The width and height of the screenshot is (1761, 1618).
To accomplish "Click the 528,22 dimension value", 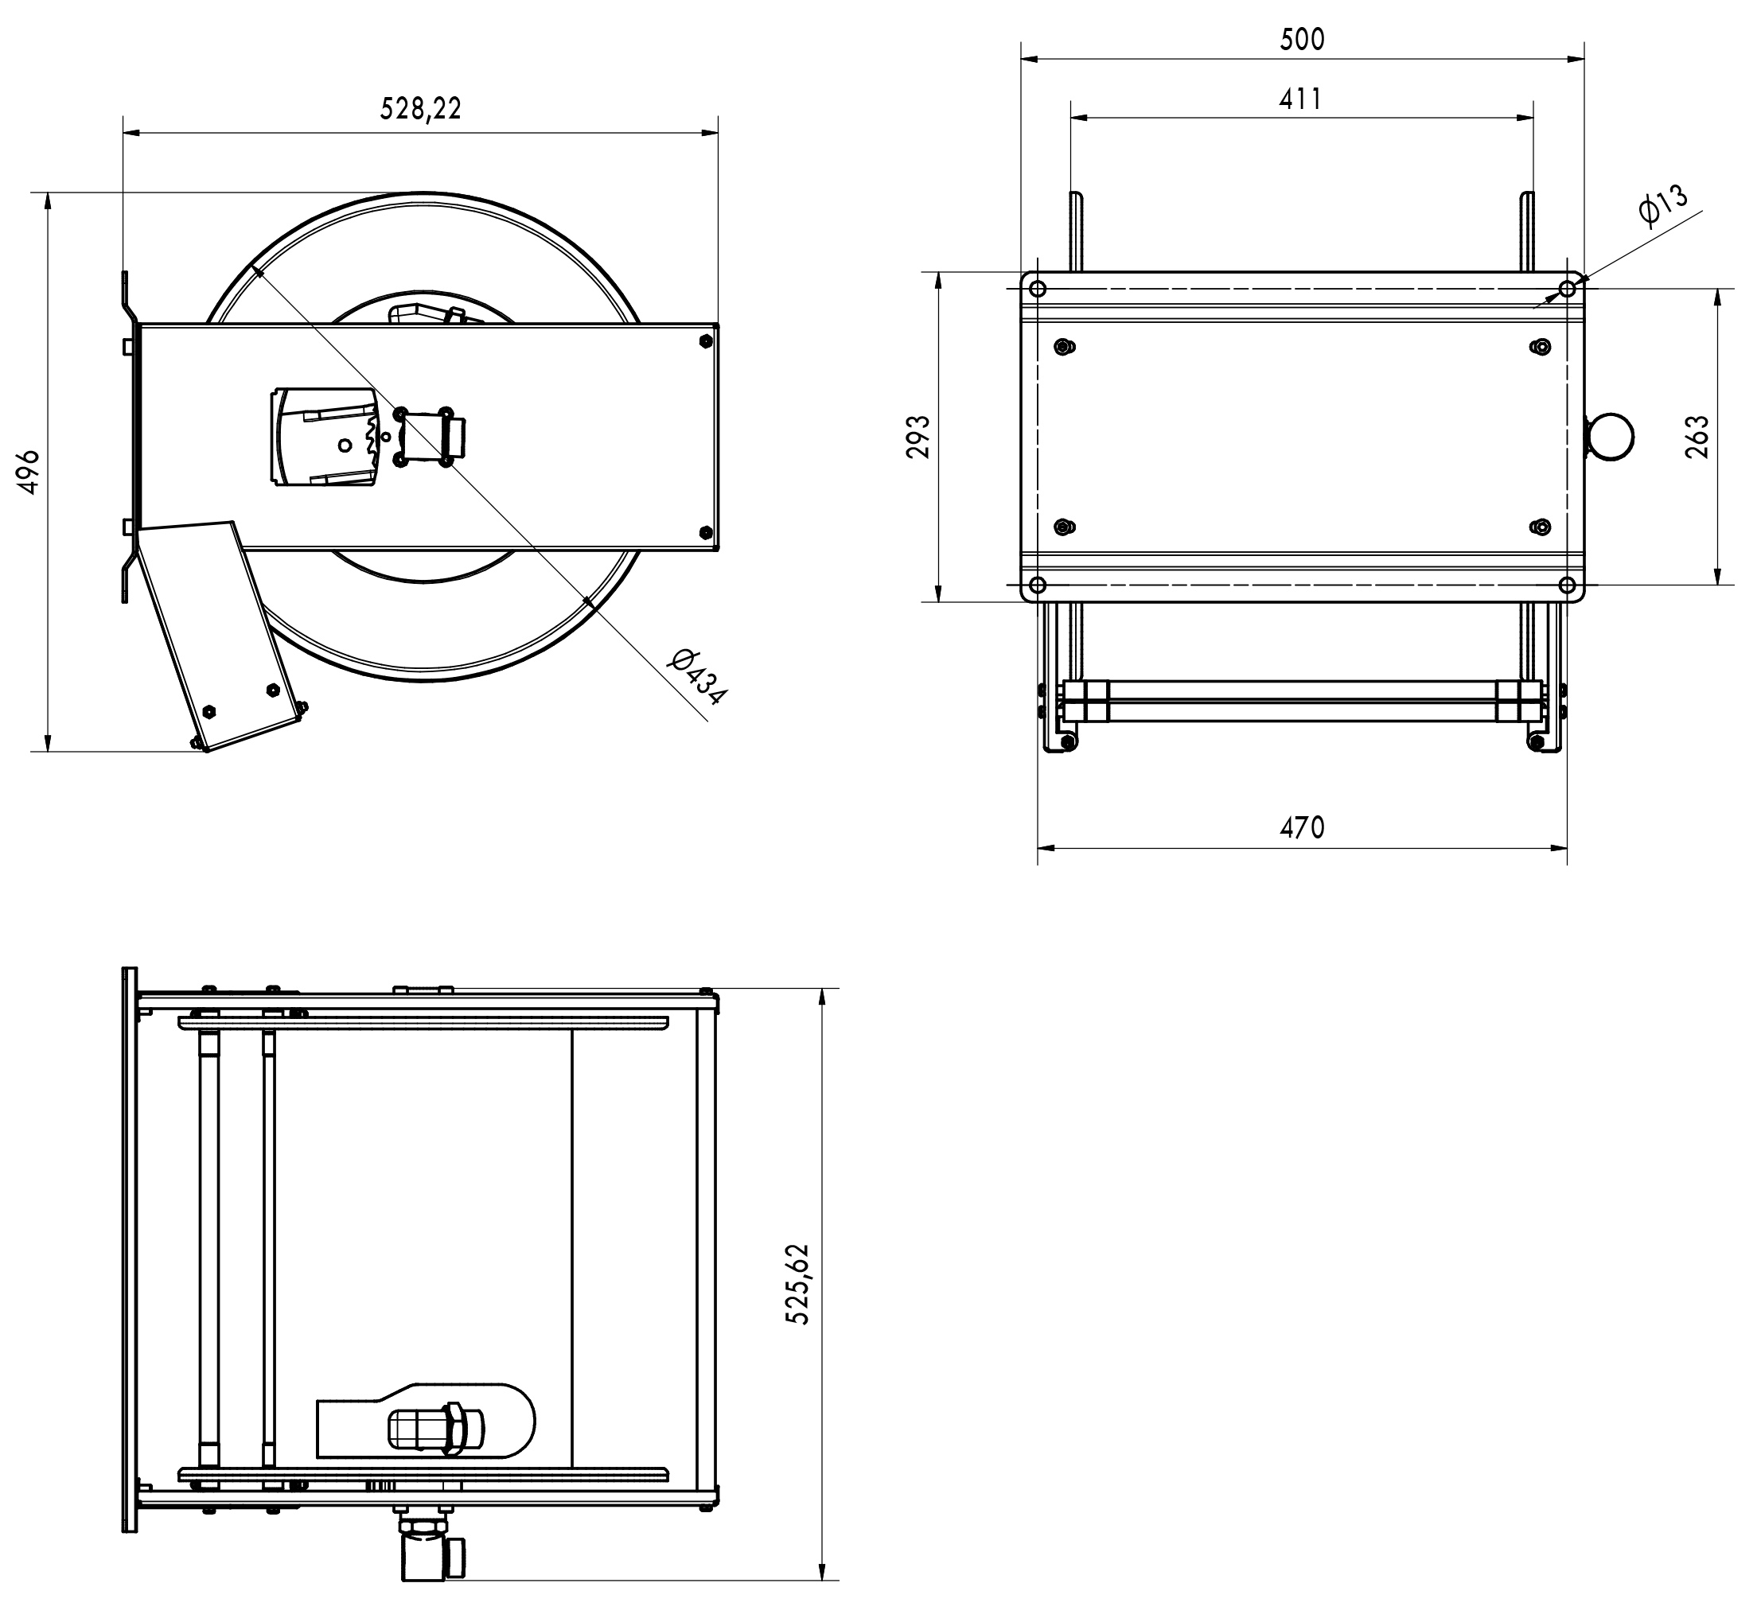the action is point(420,107).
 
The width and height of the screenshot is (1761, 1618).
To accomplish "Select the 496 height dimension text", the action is point(29,472).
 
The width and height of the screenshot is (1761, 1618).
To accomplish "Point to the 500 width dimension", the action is point(1302,40).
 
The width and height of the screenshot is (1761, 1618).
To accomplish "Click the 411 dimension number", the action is point(1300,99).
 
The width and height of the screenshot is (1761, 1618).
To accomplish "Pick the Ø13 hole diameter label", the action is point(1662,207).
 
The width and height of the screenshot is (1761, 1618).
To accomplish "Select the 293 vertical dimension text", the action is point(918,437).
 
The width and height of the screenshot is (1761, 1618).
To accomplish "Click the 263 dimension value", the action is point(1697,437).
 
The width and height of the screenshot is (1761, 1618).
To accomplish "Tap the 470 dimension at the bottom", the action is point(1302,827).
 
